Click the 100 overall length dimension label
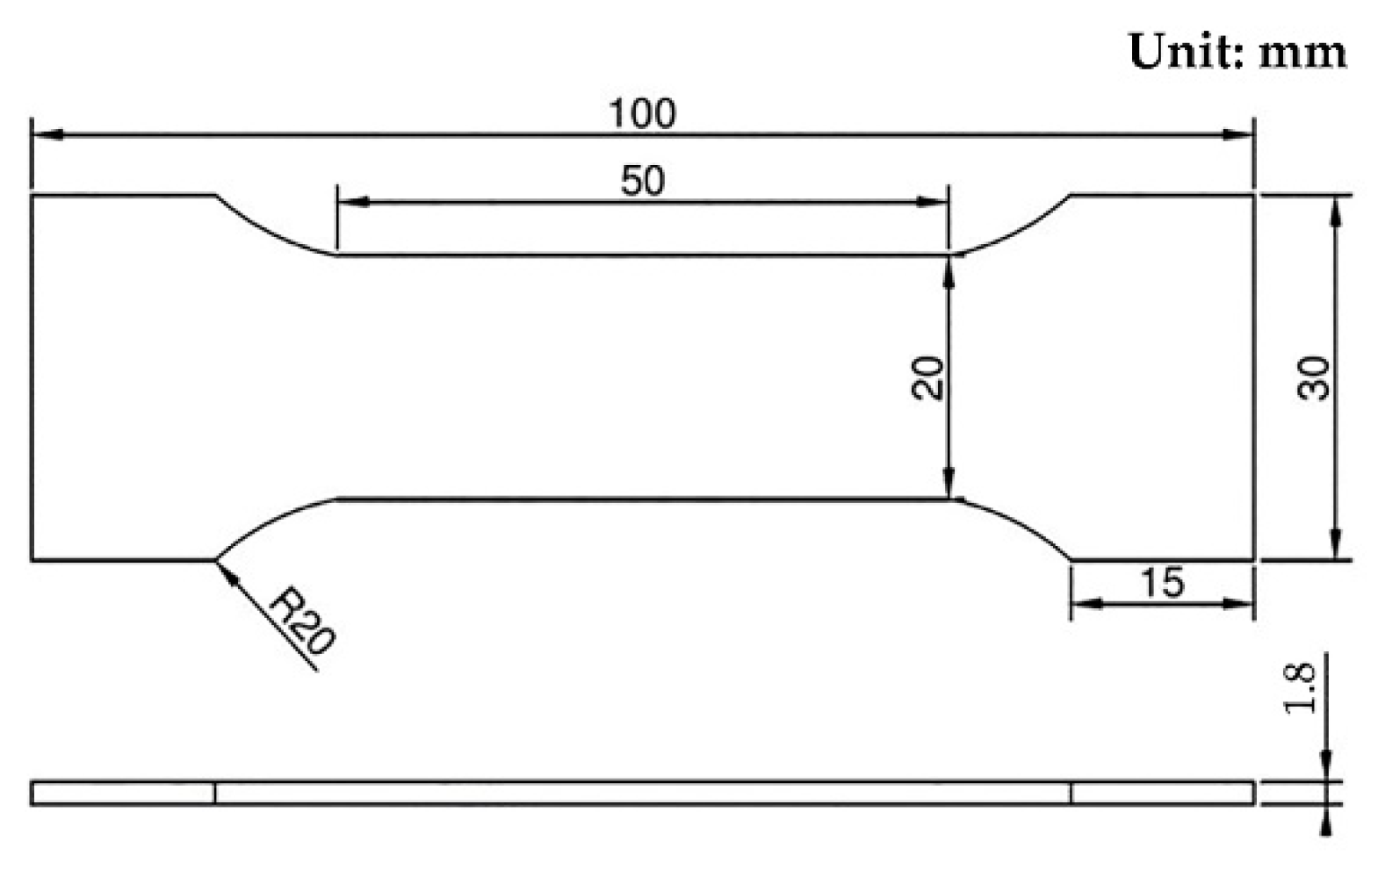642,114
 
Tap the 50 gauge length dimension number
642,181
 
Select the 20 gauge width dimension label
927,377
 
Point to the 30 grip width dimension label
1315,377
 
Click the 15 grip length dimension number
1162,583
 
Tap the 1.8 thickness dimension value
1301,686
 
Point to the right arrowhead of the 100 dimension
1239,134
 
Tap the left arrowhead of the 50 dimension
351,202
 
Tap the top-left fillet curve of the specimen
268,233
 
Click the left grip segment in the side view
123,793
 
